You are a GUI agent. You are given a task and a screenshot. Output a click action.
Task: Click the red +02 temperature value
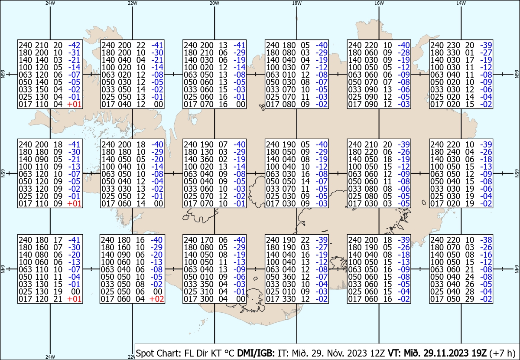(x=157, y=299)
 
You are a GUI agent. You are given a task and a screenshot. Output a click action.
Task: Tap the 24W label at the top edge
(x=50, y=3)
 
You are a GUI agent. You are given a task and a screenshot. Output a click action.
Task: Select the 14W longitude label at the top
(x=461, y=3)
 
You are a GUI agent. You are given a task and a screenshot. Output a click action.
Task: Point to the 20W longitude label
(x=214, y=3)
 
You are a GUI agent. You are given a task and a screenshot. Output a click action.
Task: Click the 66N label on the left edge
(x=3, y=74)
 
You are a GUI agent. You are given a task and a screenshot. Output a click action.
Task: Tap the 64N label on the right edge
(x=517, y=269)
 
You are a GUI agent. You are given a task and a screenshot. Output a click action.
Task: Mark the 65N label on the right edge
(x=517, y=173)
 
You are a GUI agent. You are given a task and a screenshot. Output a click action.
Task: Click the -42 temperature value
(x=74, y=45)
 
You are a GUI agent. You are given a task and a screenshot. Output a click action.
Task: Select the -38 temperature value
(x=486, y=240)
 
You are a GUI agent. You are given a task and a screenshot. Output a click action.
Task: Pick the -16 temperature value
(x=486, y=255)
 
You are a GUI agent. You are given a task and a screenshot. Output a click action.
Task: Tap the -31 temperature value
(x=74, y=52)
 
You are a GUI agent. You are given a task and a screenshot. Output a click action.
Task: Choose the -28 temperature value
(x=404, y=52)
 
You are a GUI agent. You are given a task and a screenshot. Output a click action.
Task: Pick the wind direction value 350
(x=206, y=284)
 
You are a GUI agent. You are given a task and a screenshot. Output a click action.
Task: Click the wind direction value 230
(x=453, y=45)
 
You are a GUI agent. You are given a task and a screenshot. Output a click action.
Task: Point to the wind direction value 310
(x=206, y=291)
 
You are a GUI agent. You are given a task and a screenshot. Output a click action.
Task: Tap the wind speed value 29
(x=470, y=299)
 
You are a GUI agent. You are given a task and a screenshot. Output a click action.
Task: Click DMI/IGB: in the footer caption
(x=256, y=353)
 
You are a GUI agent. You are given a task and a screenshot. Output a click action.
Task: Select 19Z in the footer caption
(x=478, y=353)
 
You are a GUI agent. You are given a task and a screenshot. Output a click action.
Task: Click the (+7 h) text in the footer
(x=502, y=353)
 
